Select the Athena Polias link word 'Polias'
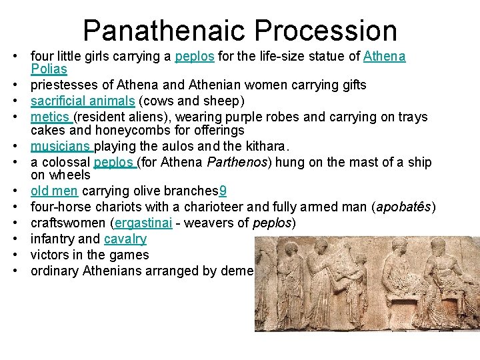[x=49, y=69]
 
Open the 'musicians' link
[x=62, y=146]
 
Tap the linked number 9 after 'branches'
[x=223, y=191]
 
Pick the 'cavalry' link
[x=125, y=239]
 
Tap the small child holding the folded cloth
[x=361, y=280]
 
